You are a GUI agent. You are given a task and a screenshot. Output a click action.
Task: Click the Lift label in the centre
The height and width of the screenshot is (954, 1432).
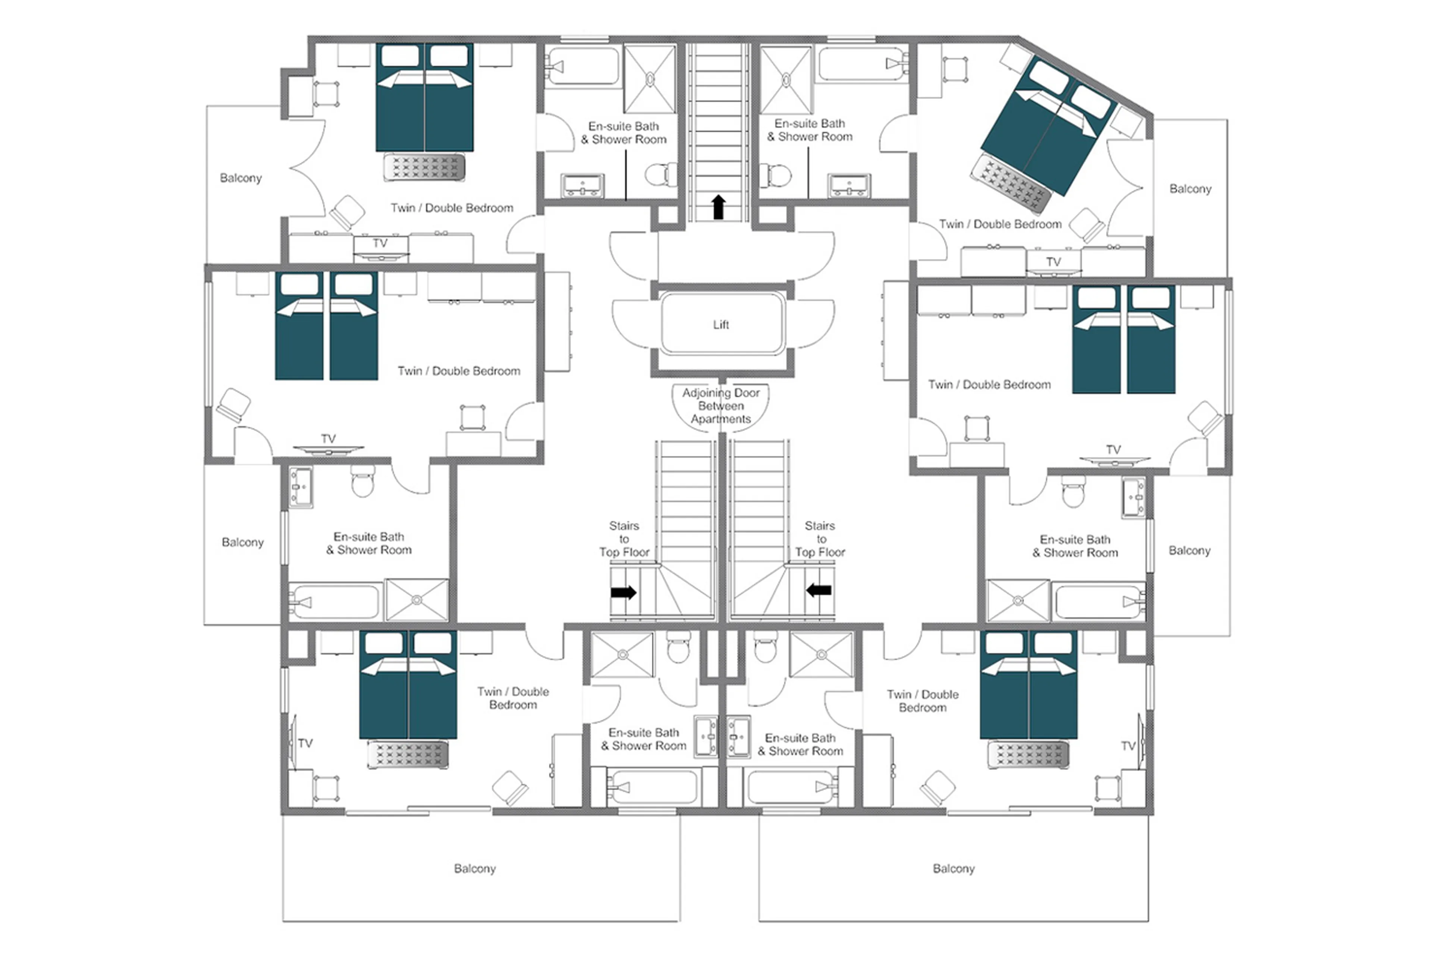[x=720, y=325]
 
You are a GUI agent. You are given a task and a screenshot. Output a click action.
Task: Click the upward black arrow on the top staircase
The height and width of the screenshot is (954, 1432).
[x=719, y=207]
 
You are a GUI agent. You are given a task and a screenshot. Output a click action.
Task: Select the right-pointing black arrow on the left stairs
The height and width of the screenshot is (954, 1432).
[x=623, y=592]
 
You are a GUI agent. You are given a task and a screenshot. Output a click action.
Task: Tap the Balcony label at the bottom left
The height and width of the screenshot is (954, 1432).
[x=475, y=868]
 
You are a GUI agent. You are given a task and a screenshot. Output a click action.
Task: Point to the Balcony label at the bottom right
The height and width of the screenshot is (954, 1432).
[x=954, y=868]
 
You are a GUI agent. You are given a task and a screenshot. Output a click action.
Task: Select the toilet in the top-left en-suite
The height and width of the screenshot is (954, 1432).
[x=659, y=174]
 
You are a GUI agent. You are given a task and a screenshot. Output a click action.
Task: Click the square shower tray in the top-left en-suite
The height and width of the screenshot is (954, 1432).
[x=649, y=79]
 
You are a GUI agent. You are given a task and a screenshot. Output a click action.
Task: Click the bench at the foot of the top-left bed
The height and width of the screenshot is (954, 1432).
[x=424, y=167]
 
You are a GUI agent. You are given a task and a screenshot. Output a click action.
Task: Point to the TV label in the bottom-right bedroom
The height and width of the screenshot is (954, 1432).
[x=1128, y=746]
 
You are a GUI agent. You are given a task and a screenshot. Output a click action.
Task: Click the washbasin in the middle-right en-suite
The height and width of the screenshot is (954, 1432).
[x=1133, y=497]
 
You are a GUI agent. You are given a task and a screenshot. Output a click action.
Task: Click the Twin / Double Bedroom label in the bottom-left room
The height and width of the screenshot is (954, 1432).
[x=513, y=698]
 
